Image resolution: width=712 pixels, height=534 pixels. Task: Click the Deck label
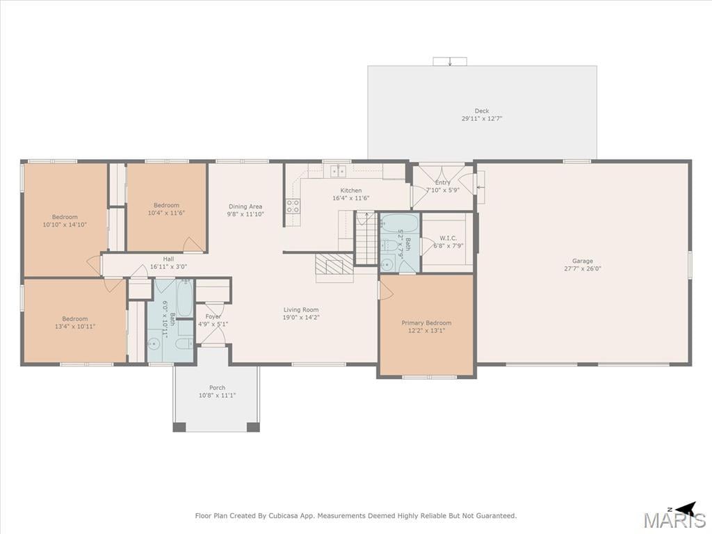[482, 111]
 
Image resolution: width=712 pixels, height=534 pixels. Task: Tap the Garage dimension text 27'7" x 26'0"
[583, 268]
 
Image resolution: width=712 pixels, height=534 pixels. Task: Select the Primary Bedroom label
[426, 323]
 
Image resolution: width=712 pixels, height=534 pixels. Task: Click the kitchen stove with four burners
[293, 206]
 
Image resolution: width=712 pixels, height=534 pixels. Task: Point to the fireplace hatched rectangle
[334, 264]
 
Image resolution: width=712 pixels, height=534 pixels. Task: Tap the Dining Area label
[245, 207]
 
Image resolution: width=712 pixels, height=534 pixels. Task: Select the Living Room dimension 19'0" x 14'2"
[301, 317]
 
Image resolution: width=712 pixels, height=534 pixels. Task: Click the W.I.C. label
[448, 238]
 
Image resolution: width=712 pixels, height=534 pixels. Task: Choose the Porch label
[217, 388]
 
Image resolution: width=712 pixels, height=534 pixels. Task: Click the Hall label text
[168, 259]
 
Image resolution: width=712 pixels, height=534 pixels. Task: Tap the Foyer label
[213, 316]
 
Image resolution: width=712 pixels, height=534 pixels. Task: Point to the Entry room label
[443, 183]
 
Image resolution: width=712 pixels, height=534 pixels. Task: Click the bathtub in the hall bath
[185, 298]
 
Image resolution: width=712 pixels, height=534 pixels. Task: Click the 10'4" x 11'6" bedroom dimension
[166, 213]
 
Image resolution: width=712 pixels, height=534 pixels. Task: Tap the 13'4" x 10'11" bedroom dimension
[75, 326]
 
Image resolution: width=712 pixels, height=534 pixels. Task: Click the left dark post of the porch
[179, 427]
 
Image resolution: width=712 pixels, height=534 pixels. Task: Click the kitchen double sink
[339, 171]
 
